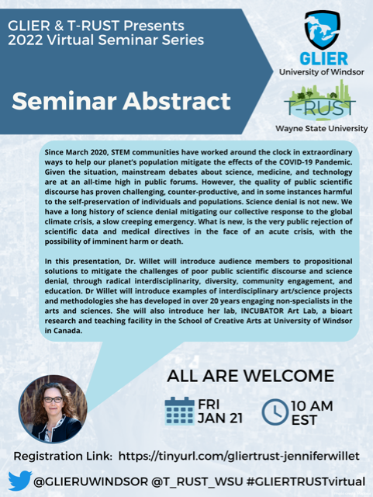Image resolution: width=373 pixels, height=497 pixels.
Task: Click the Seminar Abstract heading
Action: tap(123, 102)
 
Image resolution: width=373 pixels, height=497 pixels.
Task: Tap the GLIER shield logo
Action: tap(323, 30)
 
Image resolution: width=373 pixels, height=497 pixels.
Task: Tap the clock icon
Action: tap(275, 411)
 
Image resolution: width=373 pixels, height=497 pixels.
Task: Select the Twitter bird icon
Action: tap(19, 481)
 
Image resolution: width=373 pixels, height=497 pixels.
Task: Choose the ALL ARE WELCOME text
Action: tap(250, 377)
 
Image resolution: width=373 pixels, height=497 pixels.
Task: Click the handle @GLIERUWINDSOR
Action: tap(85, 481)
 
